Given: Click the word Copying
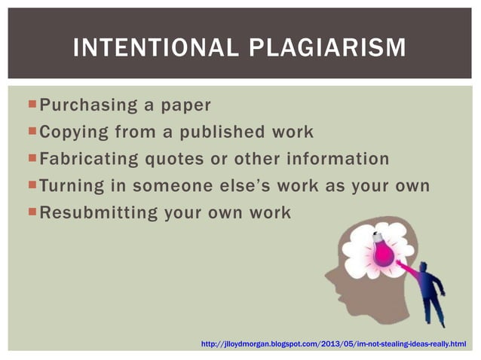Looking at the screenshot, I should click(x=73, y=132).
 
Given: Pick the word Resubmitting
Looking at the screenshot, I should click(x=99, y=212).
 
